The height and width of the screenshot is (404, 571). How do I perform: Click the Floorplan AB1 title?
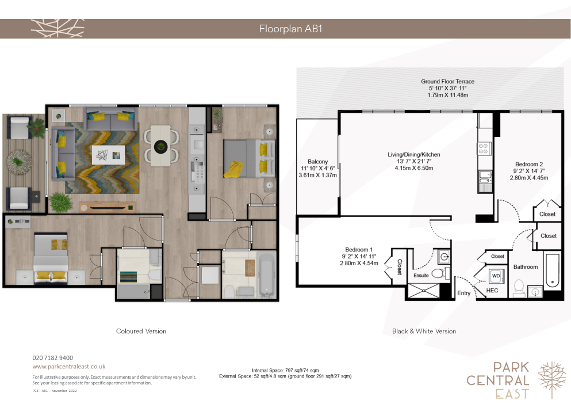[290, 29]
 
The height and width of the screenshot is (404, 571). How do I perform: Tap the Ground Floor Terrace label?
[447, 82]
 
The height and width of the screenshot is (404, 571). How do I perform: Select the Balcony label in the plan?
[317, 162]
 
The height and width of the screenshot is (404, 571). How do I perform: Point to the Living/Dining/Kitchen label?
[413, 155]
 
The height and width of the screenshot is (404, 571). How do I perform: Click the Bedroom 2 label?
[529, 165]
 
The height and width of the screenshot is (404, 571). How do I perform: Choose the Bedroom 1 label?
[359, 250]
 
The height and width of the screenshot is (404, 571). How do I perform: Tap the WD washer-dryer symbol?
[496, 276]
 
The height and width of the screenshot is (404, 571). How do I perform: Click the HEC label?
[492, 291]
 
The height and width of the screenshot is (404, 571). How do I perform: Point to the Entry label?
[463, 293]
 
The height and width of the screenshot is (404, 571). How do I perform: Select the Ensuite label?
[421, 275]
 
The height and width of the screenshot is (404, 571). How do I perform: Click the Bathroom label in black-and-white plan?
[526, 267]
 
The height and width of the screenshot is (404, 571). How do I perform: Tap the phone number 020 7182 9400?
[53, 358]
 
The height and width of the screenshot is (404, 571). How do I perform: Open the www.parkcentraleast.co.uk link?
[69, 367]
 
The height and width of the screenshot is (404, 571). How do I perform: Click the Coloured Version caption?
[141, 331]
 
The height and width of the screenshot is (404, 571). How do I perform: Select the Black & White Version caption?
[424, 331]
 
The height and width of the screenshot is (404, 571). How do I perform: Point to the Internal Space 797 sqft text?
[285, 371]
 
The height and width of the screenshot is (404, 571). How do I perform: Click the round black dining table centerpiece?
[160, 147]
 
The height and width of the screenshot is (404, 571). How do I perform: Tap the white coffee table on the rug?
[108, 155]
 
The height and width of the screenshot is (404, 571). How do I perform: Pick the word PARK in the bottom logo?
[511, 368]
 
